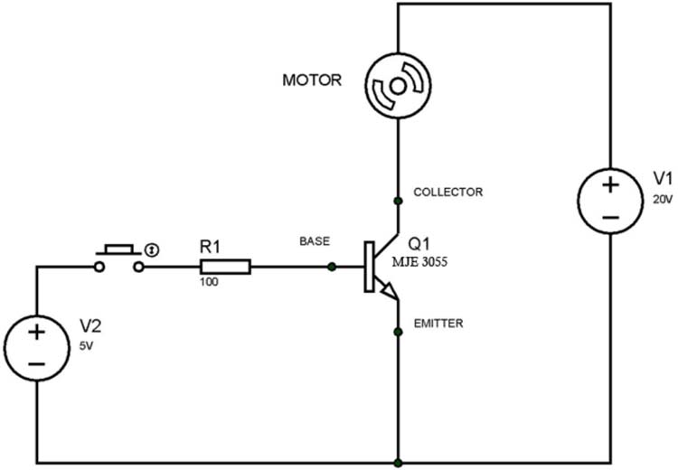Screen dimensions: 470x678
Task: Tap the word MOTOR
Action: coord(312,80)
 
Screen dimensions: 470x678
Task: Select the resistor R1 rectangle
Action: coord(225,267)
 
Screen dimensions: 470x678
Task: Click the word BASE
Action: coord(315,241)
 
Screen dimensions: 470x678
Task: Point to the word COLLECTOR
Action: coord(447,193)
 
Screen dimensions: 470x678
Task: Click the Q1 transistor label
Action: coord(419,244)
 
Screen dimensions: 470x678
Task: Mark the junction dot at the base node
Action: coord(333,267)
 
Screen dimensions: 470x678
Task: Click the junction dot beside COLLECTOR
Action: coord(398,200)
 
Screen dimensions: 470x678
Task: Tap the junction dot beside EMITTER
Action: coord(398,332)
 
